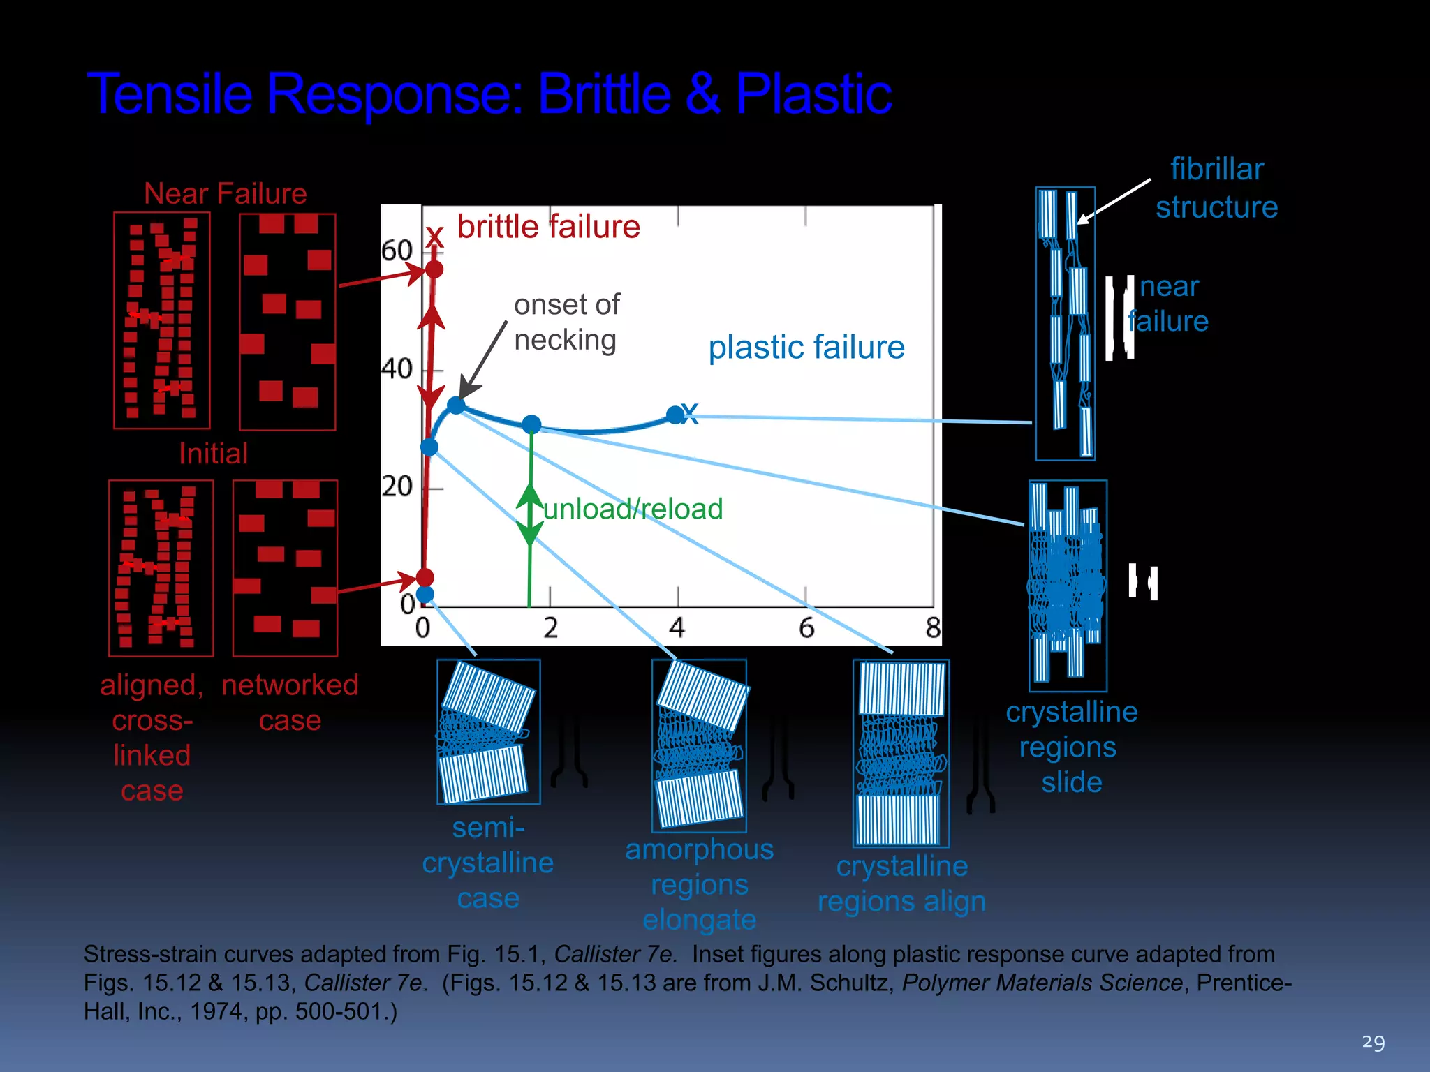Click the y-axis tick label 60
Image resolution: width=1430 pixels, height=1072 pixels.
coord(397,250)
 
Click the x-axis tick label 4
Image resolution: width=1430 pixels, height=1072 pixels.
coord(677,627)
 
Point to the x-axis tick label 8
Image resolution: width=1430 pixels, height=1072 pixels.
coord(933,627)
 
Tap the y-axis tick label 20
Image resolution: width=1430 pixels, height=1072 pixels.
coord(397,486)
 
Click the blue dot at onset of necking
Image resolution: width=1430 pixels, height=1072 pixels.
coord(456,405)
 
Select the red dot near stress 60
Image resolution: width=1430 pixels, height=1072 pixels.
coord(434,269)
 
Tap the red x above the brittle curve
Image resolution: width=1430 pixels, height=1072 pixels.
coord(435,236)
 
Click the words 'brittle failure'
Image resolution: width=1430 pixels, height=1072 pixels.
coord(548,227)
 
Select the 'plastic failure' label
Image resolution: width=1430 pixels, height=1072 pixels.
coord(806,347)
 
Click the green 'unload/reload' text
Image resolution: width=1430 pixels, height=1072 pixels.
coord(633,509)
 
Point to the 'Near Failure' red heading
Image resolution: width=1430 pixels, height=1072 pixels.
coord(225,193)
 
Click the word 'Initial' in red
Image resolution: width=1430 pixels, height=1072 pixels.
coord(213,454)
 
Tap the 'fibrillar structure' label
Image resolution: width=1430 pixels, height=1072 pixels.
coord(1216,188)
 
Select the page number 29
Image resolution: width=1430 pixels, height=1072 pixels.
coord(1373,1042)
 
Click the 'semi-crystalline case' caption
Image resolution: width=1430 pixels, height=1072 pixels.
coord(488,863)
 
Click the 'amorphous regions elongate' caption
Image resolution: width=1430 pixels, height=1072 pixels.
coord(699,884)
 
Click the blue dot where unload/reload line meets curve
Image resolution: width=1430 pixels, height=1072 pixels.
coord(531,424)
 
